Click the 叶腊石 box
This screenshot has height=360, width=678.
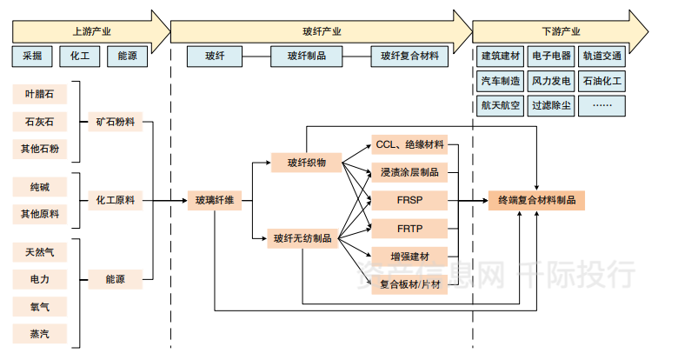pyautogui.click(x=40, y=94)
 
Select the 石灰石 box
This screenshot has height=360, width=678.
pyautogui.click(x=40, y=121)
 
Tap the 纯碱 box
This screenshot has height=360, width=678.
pyautogui.click(x=40, y=186)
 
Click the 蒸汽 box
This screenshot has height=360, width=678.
pyautogui.click(x=40, y=333)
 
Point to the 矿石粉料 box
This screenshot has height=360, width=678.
pyautogui.click(x=116, y=122)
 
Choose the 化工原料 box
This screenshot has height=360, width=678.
pyautogui.click(x=116, y=201)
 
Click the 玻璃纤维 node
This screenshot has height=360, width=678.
pyautogui.click(x=214, y=201)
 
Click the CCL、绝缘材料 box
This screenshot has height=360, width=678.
pyautogui.click(x=409, y=143)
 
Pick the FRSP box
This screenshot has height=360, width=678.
pyautogui.click(x=409, y=201)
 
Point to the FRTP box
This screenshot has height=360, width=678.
pyautogui.click(x=409, y=229)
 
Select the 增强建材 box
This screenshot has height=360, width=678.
pyautogui.click(x=409, y=257)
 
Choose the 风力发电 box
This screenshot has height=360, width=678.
pyautogui.click(x=551, y=81)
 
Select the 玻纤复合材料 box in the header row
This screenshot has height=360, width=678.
pyautogui.click(x=409, y=57)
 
